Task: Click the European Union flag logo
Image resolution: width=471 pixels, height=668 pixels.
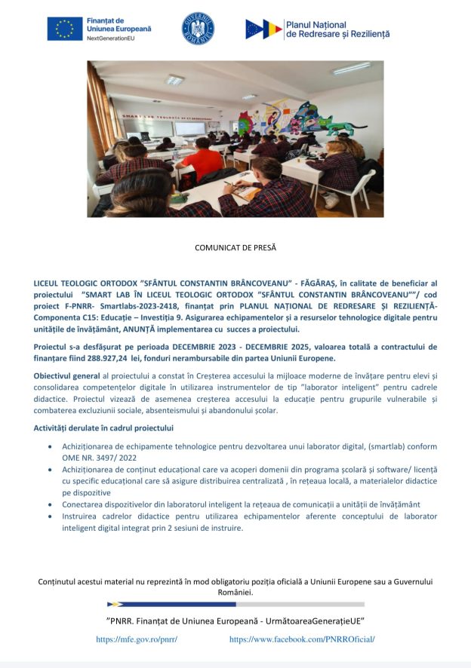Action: (x=65, y=29)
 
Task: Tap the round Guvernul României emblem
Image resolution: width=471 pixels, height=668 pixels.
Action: (x=198, y=29)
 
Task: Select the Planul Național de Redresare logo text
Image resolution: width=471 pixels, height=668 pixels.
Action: (x=337, y=29)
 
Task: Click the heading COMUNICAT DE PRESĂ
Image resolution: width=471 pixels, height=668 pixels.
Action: (x=235, y=247)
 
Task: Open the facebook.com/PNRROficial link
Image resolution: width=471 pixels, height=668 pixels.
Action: (x=302, y=639)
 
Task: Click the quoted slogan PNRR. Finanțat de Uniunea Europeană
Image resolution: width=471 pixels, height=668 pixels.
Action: (x=235, y=621)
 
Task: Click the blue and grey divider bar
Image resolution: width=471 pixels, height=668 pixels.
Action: (x=235, y=604)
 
